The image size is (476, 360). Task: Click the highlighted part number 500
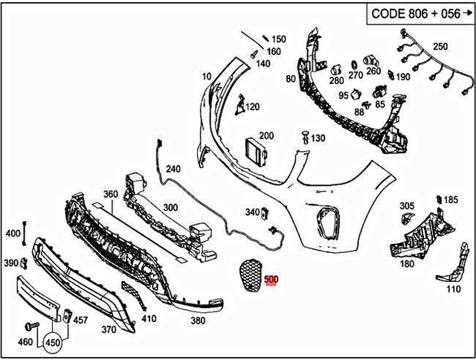(x=271, y=280)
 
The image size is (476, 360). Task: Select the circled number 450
(x=53, y=344)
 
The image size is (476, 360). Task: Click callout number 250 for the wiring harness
(x=440, y=47)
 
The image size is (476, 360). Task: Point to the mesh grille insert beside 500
(x=250, y=275)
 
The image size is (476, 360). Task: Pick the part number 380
(x=197, y=321)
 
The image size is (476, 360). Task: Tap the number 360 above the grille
(x=111, y=194)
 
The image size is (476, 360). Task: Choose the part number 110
(x=452, y=289)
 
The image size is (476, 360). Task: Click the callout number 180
(x=407, y=263)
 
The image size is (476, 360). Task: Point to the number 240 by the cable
(x=173, y=169)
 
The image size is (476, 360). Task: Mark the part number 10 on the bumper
(x=206, y=76)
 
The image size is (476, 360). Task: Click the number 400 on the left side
(x=13, y=234)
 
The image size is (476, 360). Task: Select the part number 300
(x=170, y=208)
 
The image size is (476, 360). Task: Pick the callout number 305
(x=407, y=205)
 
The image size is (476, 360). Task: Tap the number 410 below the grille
(x=149, y=319)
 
